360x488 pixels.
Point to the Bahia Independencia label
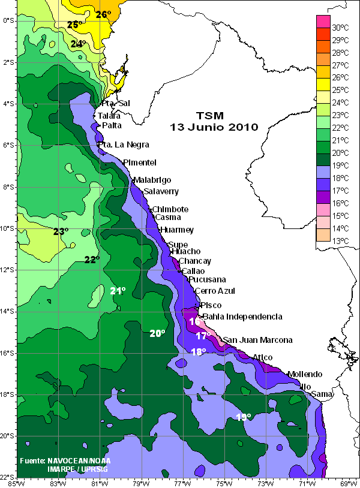(x=242, y=317)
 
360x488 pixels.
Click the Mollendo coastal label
(x=305, y=374)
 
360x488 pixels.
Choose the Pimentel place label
(x=140, y=162)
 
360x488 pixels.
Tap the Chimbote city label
(x=170, y=209)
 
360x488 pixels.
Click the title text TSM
(x=214, y=115)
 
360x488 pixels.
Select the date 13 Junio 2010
(x=214, y=127)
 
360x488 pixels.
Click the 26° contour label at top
(x=104, y=14)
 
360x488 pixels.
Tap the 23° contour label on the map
(x=61, y=231)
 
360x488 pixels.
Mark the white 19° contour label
(x=243, y=417)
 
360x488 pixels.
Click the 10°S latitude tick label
(x=8, y=228)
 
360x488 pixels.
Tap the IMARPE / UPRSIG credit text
(x=76, y=469)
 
